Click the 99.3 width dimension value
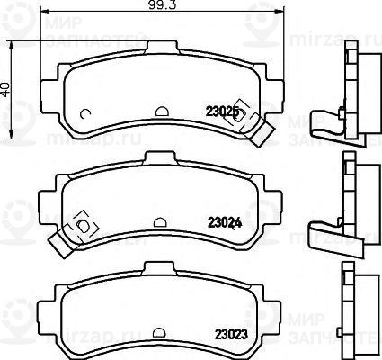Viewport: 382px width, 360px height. pyautogui.click(x=161, y=7)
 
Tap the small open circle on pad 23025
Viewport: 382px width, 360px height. pyautogui.click(x=84, y=112)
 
